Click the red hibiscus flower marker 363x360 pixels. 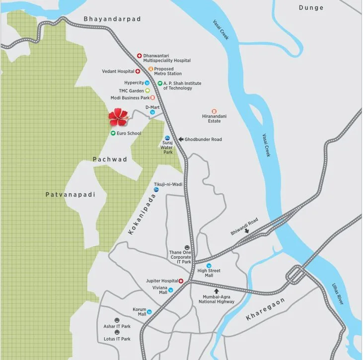(x=118, y=117)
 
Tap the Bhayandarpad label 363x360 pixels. (x=112, y=19)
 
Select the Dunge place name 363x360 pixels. (x=311, y=7)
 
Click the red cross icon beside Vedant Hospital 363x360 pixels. (x=138, y=72)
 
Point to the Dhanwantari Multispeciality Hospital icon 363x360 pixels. (x=140, y=56)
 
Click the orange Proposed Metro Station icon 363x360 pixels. (x=150, y=69)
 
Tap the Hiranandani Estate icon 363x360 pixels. (x=214, y=111)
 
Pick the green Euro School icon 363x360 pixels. (x=113, y=133)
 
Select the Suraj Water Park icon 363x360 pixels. (x=167, y=138)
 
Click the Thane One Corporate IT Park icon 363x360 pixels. (x=187, y=247)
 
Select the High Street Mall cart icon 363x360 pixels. (x=209, y=266)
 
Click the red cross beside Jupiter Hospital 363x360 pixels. (x=181, y=281)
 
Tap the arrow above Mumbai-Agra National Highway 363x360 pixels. (x=216, y=290)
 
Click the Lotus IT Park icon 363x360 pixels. (x=117, y=332)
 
